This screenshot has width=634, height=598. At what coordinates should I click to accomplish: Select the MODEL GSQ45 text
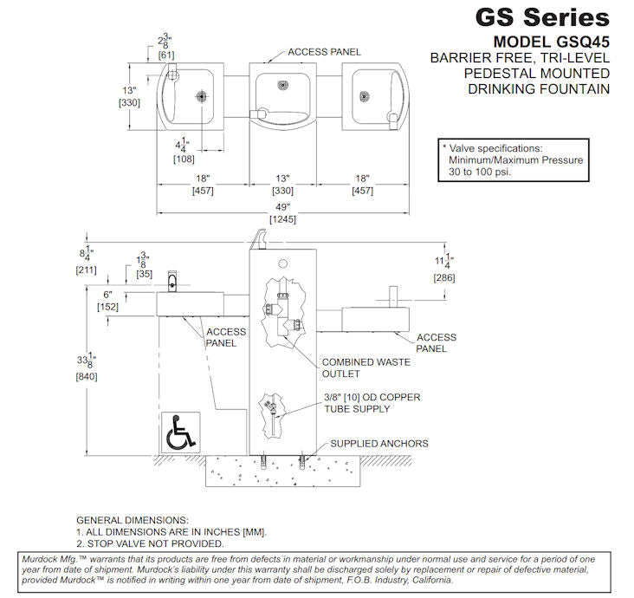point(551,41)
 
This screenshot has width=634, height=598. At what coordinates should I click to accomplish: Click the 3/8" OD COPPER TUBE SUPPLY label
point(372,403)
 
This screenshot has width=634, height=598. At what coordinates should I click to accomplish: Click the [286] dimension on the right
point(444,277)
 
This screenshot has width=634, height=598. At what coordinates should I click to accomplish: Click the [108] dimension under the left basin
point(183,159)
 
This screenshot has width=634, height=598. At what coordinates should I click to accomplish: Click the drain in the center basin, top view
point(282,85)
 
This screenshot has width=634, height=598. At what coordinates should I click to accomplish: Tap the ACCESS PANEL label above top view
point(324,52)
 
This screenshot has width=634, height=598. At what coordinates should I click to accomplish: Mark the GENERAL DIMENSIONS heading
point(132,518)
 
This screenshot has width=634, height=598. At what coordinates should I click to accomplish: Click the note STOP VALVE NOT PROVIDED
point(150,543)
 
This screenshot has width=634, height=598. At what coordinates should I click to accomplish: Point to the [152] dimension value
point(107,307)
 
